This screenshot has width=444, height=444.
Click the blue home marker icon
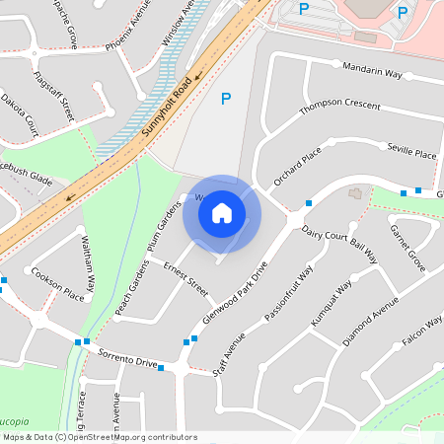pyautogui.click(x=222, y=213)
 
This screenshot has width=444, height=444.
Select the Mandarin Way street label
pyautogui.click(x=372, y=72)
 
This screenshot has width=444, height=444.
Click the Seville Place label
pyautogui.click(x=411, y=154)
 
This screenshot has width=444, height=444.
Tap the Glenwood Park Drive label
pyautogui.click(x=234, y=295)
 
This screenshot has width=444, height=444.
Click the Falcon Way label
pyautogui.click(x=421, y=341)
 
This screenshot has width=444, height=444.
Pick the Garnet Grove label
pyautogui.click(x=407, y=248)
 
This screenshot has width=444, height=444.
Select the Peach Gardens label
pyautogui.click(x=133, y=289)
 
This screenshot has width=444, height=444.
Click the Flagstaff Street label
pyautogui.click(x=53, y=95)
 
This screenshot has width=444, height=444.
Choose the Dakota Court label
pyautogui.click(x=19, y=113)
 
